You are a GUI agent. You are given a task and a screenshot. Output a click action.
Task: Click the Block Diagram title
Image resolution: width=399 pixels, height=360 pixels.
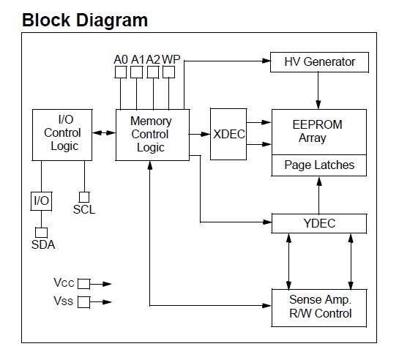coord(85,20)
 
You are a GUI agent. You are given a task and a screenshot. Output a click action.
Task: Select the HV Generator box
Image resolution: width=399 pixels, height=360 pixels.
coord(318,62)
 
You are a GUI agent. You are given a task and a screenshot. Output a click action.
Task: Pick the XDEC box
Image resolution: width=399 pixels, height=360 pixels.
coord(229,134)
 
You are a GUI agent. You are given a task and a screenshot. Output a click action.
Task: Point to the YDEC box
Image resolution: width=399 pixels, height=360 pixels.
coord(318,223)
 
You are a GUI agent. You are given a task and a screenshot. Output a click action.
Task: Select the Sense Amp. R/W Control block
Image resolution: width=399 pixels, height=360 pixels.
coord(320,307)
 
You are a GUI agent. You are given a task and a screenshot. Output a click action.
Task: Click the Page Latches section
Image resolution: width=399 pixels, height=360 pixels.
coord(318,165)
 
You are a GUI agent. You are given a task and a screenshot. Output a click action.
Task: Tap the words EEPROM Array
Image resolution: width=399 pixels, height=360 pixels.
coord(317,131)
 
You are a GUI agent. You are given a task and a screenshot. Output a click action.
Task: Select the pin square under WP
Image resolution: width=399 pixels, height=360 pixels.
coord(169,72)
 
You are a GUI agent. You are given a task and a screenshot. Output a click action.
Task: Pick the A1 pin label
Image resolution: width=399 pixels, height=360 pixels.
coord(137,59)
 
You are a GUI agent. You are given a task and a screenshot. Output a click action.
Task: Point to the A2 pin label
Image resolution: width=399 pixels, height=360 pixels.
coord(153,59)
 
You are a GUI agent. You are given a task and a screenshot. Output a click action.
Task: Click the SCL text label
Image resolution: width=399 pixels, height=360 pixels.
coord(84,210)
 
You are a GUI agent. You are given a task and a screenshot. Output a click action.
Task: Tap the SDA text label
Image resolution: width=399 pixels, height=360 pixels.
coord(43,244)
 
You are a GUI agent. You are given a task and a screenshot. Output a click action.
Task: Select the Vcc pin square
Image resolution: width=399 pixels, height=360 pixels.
coord(84,283)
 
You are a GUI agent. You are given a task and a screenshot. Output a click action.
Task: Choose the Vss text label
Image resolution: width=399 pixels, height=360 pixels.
coord(64,301)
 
